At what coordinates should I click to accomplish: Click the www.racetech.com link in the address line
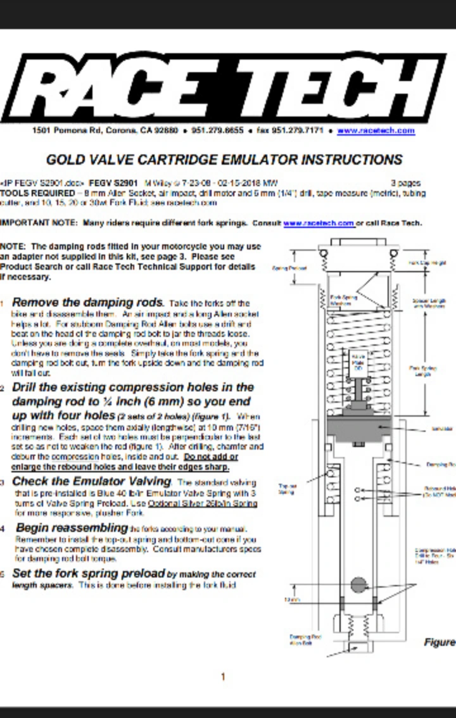click(x=376, y=130)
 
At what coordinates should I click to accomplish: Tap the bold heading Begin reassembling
click(x=72, y=527)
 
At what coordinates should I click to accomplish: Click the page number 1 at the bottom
click(x=223, y=676)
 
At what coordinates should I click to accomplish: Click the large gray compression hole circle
click(x=358, y=584)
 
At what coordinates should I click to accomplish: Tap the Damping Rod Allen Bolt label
click(x=300, y=639)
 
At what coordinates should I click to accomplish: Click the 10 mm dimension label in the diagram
click(x=291, y=599)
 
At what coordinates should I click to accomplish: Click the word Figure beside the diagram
click(x=440, y=642)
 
